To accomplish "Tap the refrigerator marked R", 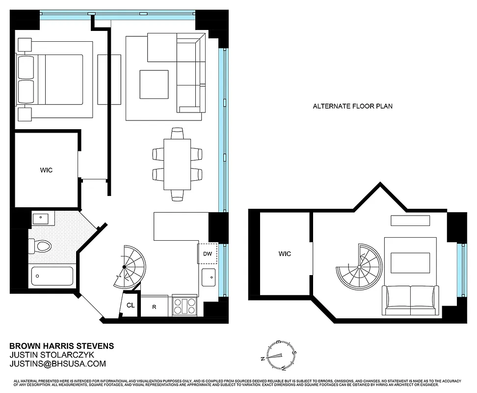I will [154, 307].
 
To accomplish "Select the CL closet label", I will [130, 305].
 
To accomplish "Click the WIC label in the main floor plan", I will [46, 170].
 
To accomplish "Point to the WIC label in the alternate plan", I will [285, 254].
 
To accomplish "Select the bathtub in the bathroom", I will [52, 276].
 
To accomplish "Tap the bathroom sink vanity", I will [40, 218].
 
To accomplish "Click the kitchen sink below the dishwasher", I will [208, 278].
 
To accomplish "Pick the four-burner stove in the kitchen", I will [185, 307].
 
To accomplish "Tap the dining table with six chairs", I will [177, 164].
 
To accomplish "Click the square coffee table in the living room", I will [154, 84].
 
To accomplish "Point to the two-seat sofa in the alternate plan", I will [410, 300].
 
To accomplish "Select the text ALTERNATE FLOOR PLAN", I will [352, 106].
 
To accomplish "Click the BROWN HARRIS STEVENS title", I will [62, 346].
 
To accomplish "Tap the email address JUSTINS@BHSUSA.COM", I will [58, 364].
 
